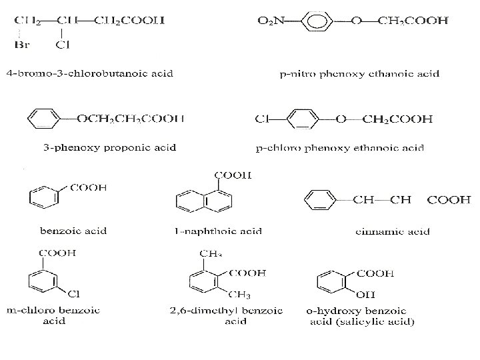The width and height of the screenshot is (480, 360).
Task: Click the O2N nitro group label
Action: (x=271, y=21)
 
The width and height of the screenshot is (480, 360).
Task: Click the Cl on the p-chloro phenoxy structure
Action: (x=262, y=119)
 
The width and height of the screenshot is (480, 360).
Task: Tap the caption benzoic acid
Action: (x=74, y=231)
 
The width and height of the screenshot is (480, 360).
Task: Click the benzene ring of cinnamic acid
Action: (x=319, y=199)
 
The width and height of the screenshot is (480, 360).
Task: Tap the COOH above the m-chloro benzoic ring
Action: (x=58, y=253)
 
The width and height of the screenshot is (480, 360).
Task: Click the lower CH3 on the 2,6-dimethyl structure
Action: (x=237, y=296)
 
